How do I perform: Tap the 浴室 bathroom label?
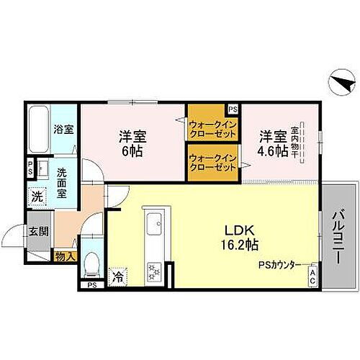[x=63, y=130]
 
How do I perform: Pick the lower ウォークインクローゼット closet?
[x=212, y=162]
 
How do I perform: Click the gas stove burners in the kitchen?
[x=153, y=271]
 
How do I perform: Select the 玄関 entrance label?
[x=37, y=231]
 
